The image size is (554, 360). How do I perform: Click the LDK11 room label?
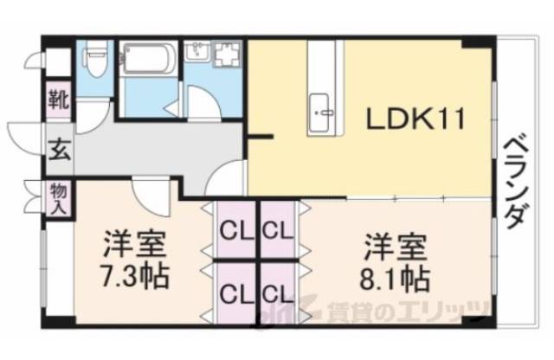pos(415,119)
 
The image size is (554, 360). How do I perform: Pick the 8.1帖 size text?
pos(394,279)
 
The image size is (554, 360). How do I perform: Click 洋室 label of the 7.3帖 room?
pos(133,243)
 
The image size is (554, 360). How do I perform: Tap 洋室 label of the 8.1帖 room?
pos(394,244)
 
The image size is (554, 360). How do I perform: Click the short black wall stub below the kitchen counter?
pos(259,136)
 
